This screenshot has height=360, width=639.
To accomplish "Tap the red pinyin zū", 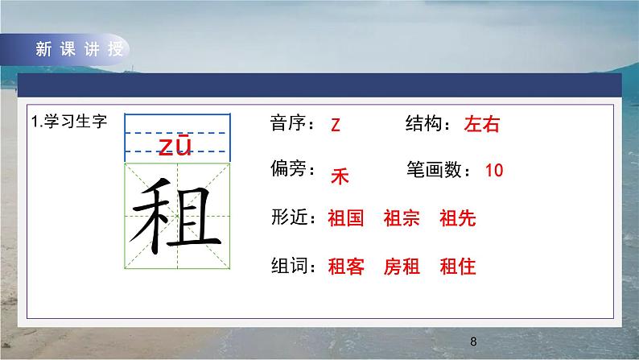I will click(175, 145).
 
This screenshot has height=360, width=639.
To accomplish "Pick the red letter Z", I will click(336, 126).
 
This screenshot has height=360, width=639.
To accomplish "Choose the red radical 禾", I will click(340, 176).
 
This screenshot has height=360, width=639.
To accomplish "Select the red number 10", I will click(494, 170).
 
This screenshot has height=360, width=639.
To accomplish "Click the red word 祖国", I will click(346, 218).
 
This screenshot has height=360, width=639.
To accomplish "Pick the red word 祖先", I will click(458, 218).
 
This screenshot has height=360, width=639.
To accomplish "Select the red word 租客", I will click(346, 267).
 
